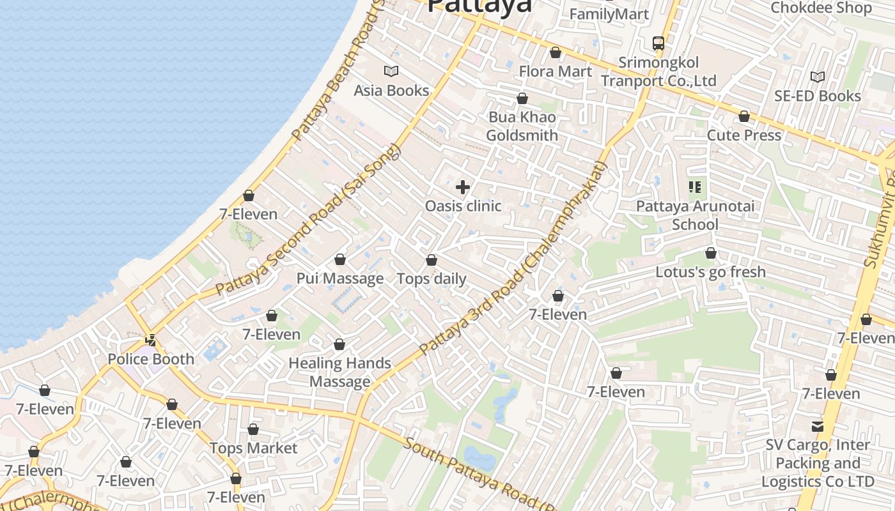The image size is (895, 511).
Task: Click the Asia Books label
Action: [391, 90]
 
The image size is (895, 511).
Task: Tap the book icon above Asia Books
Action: [391, 71]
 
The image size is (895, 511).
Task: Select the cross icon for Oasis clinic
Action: [463, 187]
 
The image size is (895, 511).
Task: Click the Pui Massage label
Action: [340, 278]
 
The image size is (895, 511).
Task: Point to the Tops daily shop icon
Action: [432, 260]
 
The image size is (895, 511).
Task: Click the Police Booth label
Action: [151, 359]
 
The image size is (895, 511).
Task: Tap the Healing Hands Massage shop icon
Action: [339, 344]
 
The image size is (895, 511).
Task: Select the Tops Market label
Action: [254, 448]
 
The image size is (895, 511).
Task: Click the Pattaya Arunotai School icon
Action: [695, 187]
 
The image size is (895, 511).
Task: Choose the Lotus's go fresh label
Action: [710, 272]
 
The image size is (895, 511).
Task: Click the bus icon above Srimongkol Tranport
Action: [658, 43]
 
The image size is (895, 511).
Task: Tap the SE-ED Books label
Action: [818, 96]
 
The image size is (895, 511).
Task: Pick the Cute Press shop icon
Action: [744, 116]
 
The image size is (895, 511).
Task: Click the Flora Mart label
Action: [556, 71]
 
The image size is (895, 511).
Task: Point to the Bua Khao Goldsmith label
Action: [522, 126]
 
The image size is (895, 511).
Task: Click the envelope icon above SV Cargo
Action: [818, 426]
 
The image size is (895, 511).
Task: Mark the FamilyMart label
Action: [609, 14]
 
